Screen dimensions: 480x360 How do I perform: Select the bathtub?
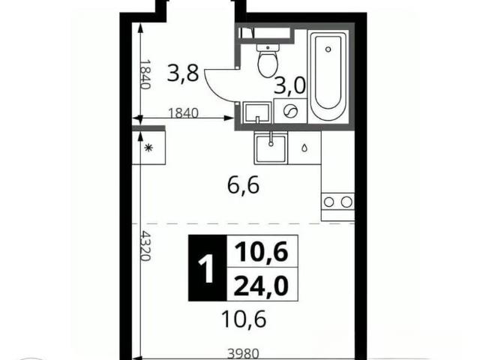328,76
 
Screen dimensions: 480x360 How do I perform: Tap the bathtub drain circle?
328,49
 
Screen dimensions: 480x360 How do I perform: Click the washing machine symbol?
290,111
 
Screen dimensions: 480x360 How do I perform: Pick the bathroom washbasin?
257,113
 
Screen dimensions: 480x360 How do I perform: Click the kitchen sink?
271,148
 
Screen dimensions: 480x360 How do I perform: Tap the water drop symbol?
304,148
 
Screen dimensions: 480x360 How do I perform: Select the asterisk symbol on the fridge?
148,148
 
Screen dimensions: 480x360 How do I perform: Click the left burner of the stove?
329,202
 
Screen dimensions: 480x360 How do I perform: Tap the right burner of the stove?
346,202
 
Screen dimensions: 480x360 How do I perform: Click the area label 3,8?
183,73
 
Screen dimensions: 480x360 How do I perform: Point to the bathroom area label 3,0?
290,85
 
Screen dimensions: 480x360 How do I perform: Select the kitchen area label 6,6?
244,185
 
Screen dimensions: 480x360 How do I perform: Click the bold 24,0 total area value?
261,286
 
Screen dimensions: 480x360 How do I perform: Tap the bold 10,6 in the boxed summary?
261,252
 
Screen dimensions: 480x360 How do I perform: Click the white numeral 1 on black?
207,269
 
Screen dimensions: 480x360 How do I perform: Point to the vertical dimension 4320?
145,246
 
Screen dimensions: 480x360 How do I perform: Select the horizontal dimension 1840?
184,113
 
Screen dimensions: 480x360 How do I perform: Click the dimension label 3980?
243,354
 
